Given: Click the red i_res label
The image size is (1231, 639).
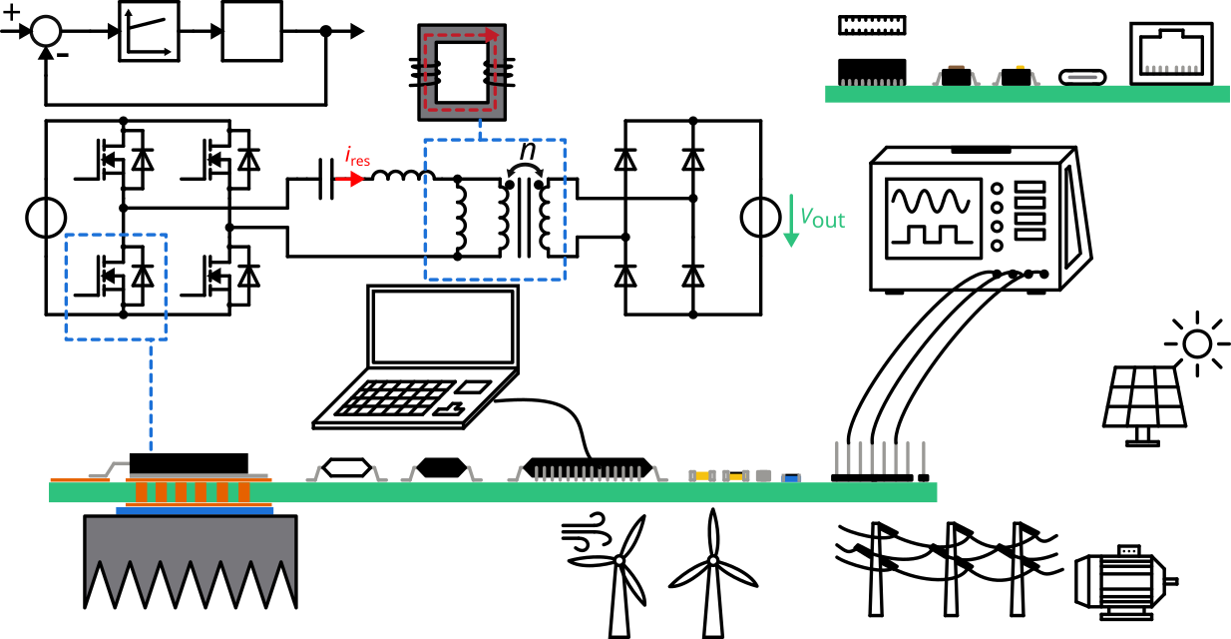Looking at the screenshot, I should click(x=357, y=157).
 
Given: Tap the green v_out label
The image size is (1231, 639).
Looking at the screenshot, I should click(x=822, y=218).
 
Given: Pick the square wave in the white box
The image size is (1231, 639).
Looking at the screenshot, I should click(x=932, y=236).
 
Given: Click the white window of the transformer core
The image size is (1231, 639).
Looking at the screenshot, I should click(x=462, y=72).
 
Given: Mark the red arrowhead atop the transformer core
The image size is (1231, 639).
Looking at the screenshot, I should click(x=491, y=35).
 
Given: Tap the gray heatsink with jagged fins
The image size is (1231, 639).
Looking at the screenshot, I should click(x=190, y=554).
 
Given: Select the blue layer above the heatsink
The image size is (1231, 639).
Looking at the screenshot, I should click(x=195, y=510).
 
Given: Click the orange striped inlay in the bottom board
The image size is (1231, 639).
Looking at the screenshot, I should click(x=198, y=492).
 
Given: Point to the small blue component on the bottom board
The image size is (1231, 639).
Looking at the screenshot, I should click(x=791, y=478).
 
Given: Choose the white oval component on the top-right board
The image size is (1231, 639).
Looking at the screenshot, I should click(x=1082, y=77).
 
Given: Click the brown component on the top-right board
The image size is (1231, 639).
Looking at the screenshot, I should click(x=956, y=67).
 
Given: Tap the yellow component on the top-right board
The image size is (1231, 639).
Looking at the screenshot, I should click(x=1020, y=67).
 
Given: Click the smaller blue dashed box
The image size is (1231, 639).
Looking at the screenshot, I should click(x=116, y=288).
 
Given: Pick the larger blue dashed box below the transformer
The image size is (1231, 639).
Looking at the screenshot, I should click(x=495, y=209).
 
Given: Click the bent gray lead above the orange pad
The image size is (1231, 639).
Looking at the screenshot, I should click(x=110, y=469).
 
